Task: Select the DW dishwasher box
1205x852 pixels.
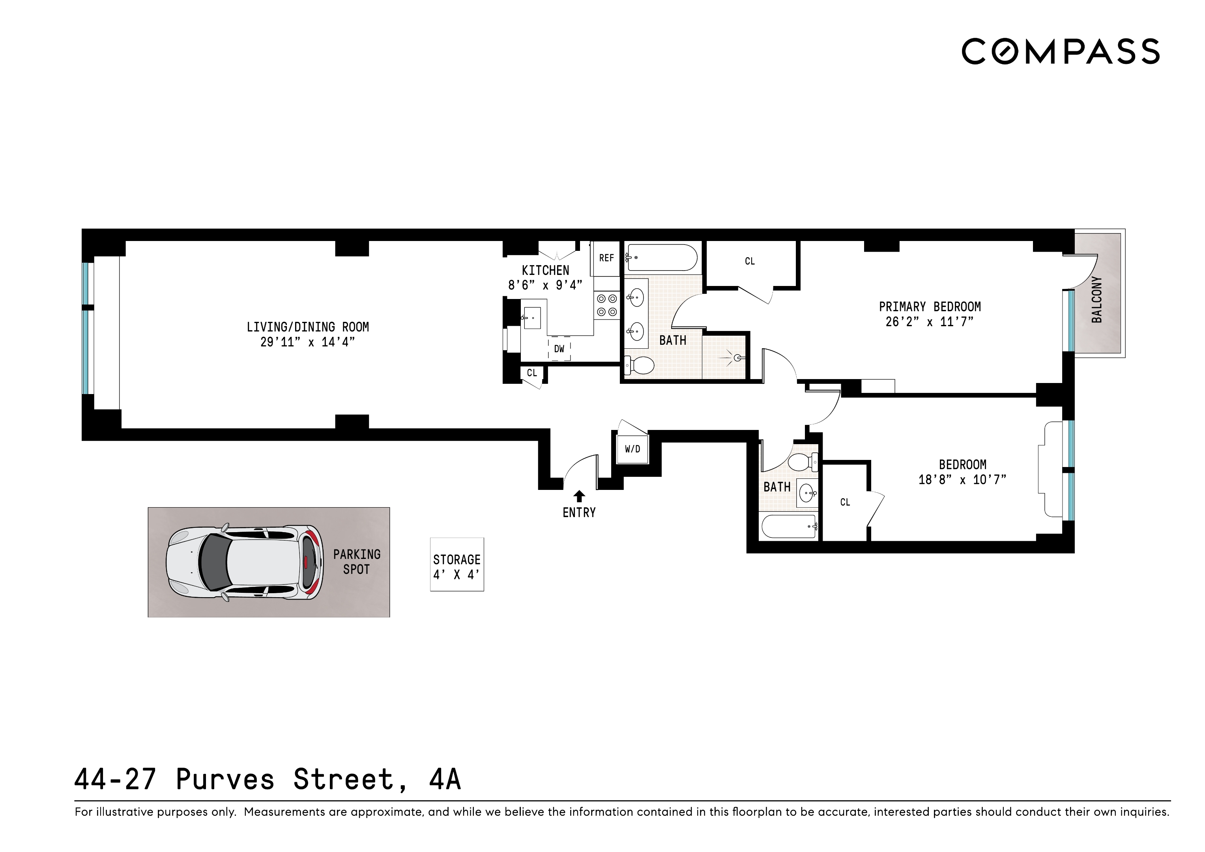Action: tap(559, 349)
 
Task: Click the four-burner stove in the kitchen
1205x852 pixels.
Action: tap(607, 305)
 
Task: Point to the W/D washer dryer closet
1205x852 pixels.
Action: tap(632, 449)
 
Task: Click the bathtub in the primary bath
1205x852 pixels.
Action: tap(661, 258)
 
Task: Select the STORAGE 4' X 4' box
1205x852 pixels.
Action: tap(457, 564)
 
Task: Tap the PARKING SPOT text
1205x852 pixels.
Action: tap(356, 561)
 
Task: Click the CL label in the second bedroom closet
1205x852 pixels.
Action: tap(845, 502)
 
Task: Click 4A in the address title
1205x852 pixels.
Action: tap(445, 779)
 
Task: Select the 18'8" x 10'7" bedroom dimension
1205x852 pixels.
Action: tap(962, 480)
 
